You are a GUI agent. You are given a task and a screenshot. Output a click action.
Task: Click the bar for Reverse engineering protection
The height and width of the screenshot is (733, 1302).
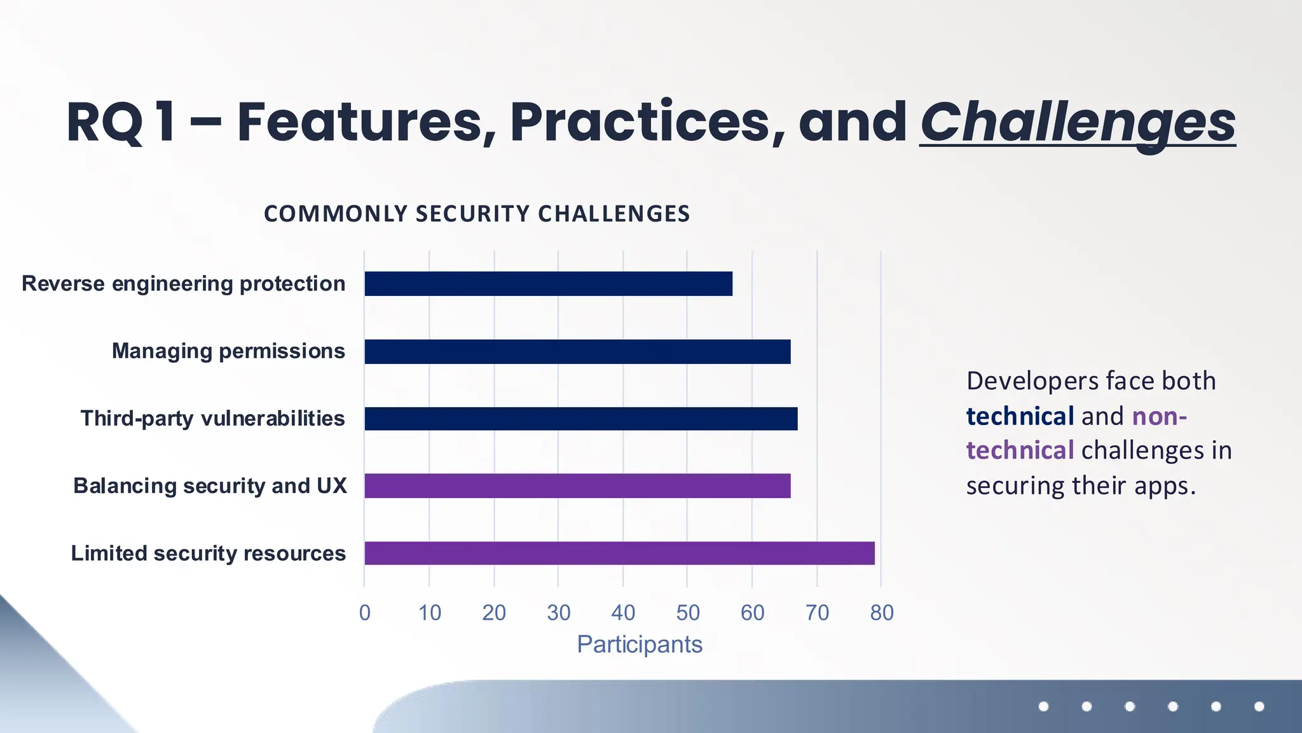(x=548, y=284)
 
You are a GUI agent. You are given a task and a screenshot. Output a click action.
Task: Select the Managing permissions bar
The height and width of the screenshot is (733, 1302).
(x=577, y=352)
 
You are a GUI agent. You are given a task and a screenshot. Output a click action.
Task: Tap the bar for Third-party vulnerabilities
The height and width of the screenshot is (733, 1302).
(x=580, y=419)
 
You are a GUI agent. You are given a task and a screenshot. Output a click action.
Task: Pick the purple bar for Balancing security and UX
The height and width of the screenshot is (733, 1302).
(x=577, y=486)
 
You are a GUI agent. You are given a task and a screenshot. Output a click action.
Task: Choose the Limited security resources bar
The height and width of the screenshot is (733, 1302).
(x=619, y=553)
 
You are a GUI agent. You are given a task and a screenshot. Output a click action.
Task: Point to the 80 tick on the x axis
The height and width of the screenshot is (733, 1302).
(x=882, y=613)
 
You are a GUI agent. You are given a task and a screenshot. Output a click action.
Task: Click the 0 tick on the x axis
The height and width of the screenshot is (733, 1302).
(x=365, y=613)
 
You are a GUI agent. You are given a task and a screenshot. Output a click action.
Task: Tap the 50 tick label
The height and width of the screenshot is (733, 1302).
(x=688, y=613)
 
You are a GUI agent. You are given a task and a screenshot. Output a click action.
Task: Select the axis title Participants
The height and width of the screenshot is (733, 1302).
(x=640, y=645)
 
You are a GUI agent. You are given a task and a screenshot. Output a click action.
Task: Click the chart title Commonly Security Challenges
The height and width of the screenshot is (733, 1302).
(x=477, y=214)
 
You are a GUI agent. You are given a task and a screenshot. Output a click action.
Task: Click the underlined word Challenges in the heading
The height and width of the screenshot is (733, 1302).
(x=1078, y=122)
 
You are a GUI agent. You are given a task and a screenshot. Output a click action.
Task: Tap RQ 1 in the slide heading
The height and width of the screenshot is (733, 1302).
(x=121, y=122)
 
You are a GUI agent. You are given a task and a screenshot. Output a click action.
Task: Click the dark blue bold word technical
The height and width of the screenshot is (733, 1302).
(x=1020, y=416)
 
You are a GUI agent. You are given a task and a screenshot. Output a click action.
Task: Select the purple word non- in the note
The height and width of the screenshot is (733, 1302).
(x=1159, y=416)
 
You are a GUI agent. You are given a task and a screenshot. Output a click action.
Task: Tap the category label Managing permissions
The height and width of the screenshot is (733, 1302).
(x=228, y=351)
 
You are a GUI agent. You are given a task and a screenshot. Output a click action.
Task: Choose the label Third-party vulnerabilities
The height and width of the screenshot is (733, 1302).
(x=212, y=419)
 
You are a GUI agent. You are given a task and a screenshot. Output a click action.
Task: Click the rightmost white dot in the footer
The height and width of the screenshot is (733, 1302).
(x=1259, y=706)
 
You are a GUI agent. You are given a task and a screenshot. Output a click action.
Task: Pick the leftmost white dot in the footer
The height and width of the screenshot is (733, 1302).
(x=1043, y=706)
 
